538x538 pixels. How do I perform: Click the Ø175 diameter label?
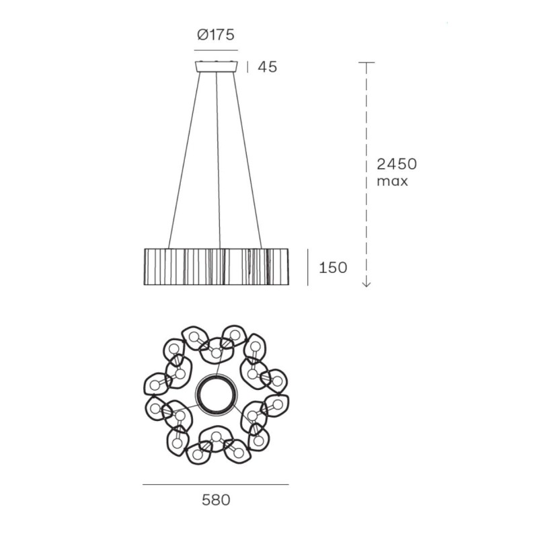(x=216, y=35)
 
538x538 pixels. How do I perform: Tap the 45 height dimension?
(x=267, y=67)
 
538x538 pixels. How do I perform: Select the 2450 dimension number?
(x=397, y=164)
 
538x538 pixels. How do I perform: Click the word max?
(x=392, y=181)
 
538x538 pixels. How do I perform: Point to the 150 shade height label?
(x=333, y=267)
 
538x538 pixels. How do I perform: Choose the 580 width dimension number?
(x=216, y=500)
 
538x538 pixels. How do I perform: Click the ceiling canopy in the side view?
(x=216, y=67)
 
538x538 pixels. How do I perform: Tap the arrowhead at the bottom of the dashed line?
(x=367, y=284)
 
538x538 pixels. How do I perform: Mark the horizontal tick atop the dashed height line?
(x=367, y=63)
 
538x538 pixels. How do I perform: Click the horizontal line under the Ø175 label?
(x=216, y=50)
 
